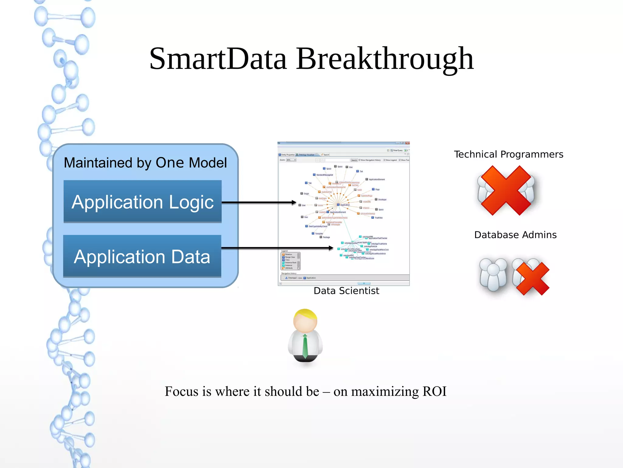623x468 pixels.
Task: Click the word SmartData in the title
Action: coord(218,59)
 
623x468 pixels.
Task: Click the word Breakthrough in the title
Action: coord(385,59)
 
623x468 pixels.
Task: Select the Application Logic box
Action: coord(142,202)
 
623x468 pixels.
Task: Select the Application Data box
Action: coord(142,256)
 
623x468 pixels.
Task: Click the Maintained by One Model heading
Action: coord(145,163)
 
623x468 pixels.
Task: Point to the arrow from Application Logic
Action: coord(259,202)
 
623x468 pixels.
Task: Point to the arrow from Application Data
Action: coord(277,248)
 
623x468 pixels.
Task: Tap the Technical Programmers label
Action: coord(508,154)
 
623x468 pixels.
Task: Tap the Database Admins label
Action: coord(515,235)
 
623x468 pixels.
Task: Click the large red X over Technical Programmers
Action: coord(506,190)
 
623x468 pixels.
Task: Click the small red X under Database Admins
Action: coord(533,279)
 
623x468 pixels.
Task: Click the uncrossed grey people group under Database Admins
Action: coord(493,274)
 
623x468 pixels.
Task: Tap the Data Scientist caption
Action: coord(346,291)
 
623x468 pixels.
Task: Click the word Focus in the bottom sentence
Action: coord(182,392)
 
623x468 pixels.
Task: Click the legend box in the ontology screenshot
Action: coord(291,261)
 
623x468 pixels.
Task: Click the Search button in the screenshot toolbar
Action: coord(354,160)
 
